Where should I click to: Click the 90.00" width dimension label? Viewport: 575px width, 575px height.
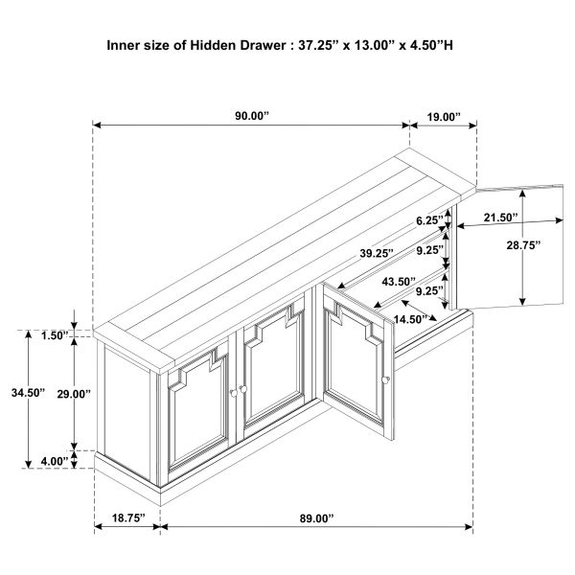click(252, 116)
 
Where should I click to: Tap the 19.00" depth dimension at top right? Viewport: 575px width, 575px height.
click(444, 117)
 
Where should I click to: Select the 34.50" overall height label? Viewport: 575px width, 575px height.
click(28, 393)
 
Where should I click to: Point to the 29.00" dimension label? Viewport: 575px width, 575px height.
click(74, 394)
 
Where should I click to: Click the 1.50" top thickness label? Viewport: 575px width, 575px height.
click(55, 335)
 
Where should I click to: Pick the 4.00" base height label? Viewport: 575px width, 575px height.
click(55, 461)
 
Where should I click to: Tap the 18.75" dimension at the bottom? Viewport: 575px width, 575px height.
click(128, 517)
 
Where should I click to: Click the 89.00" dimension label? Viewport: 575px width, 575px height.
click(317, 518)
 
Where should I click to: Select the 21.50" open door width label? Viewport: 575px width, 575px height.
click(500, 218)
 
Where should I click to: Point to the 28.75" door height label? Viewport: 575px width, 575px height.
click(523, 245)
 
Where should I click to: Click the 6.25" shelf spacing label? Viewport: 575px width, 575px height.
click(429, 220)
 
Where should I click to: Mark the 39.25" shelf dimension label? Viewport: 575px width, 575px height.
click(377, 253)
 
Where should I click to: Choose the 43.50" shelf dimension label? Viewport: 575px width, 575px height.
click(399, 282)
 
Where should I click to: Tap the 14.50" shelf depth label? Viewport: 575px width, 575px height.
click(411, 319)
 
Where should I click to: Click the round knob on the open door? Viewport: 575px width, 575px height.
click(385, 379)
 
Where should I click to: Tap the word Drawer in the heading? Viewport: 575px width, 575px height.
click(263, 45)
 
